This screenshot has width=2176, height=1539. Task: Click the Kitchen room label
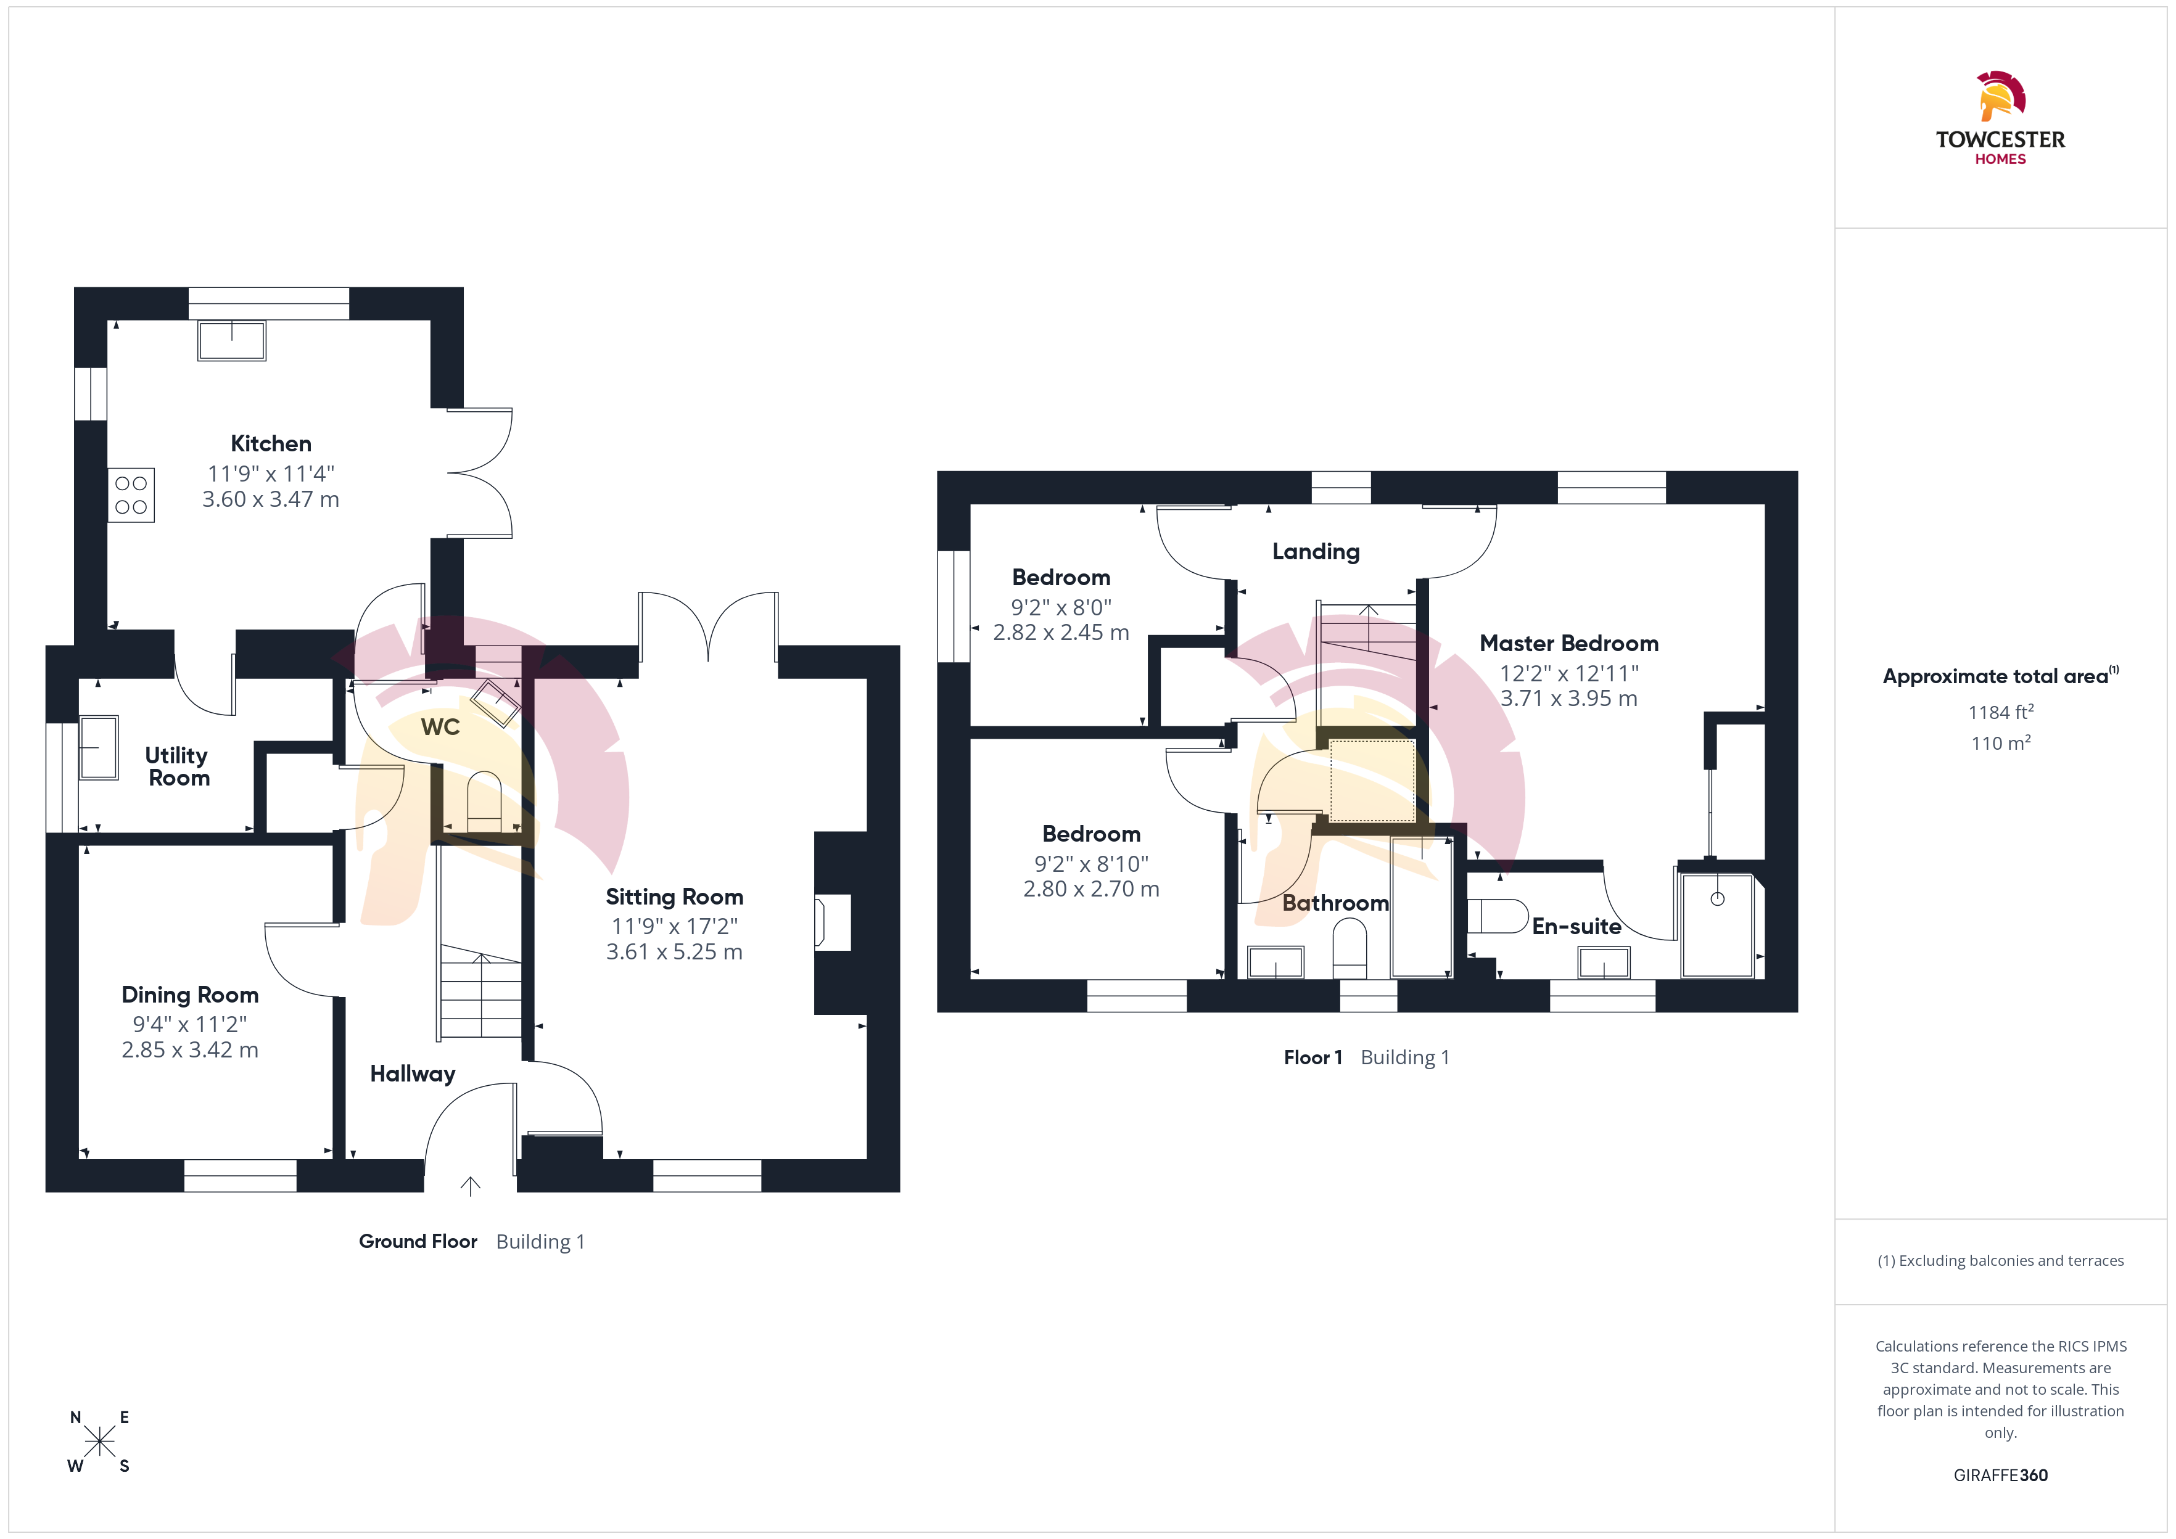(x=271, y=443)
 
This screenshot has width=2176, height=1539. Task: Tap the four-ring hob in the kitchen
(x=131, y=495)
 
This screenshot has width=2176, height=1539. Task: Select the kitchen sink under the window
(x=232, y=340)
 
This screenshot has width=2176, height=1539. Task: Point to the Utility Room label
(x=177, y=766)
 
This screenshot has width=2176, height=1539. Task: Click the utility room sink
(x=99, y=748)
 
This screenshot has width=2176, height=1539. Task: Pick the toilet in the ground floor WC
(x=484, y=801)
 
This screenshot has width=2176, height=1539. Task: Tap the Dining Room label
(x=191, y=995)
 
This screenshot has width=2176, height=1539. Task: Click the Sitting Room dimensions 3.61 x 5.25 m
(x=675, y=951)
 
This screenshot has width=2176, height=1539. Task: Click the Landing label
(x=1316, y=552)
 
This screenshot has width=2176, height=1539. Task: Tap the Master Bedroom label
(x=1570, y=644)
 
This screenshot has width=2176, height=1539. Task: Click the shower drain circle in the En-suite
(x=1717, y=898)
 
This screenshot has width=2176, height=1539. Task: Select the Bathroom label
(x=1335, y=903)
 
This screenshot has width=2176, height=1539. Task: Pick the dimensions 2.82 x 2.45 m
(x=1061, y=632)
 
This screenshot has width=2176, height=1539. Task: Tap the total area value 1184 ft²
(x=2001, y=712)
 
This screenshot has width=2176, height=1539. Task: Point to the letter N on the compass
(x=76, y=1418)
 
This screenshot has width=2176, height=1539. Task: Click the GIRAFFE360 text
(x=2001, y=1475)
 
